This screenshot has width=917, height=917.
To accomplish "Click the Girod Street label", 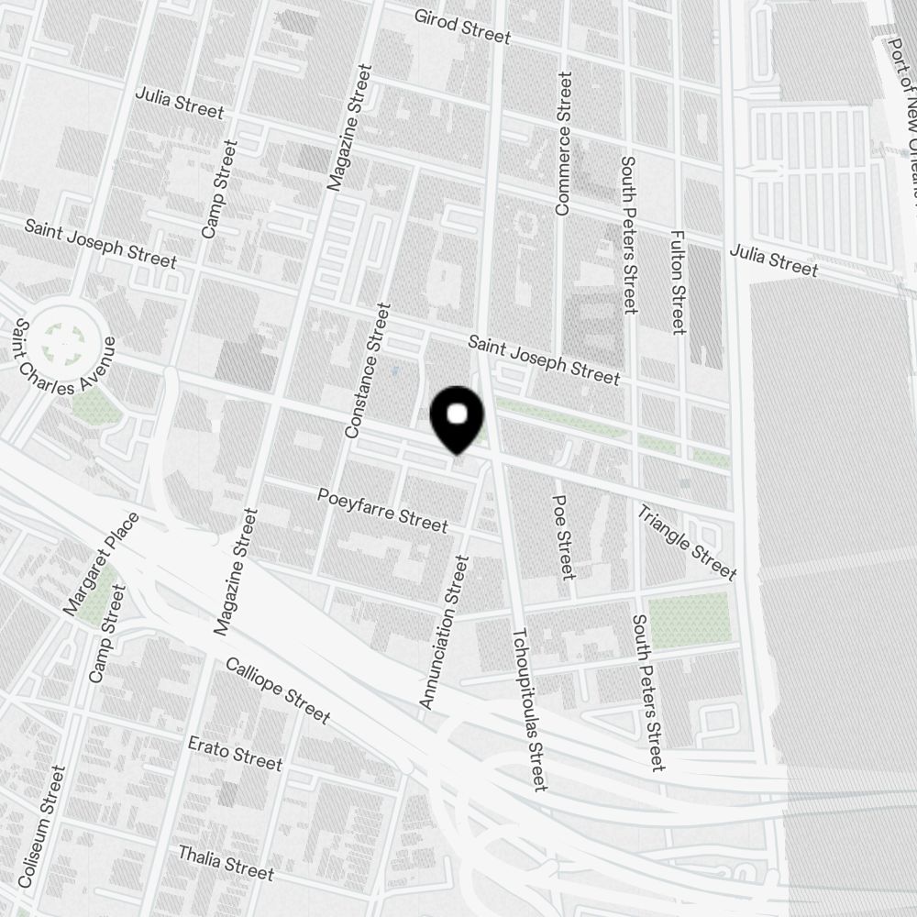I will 461,26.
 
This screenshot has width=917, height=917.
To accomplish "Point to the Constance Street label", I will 367,370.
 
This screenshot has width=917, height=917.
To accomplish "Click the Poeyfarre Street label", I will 382,510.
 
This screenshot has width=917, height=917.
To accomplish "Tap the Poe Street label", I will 563,537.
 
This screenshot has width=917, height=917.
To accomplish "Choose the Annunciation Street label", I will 444,632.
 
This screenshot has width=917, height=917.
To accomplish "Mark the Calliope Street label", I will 277,690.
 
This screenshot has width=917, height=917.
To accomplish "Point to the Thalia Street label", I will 226,863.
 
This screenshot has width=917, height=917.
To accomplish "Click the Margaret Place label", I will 101,563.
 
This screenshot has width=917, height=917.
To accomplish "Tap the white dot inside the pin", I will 458,414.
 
